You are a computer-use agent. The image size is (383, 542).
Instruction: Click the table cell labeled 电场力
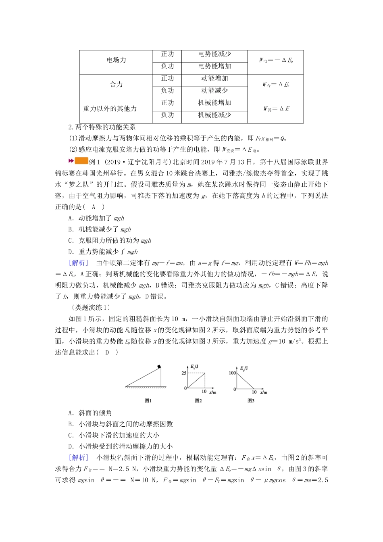(116, 60)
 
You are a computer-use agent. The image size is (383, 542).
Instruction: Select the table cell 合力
(116, 85)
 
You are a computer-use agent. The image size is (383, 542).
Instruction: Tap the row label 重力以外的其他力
(110, 109)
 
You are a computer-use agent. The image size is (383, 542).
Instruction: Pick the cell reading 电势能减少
(214, 54)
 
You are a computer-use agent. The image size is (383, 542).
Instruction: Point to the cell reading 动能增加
(214, 79)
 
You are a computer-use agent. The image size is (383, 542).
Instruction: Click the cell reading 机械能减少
(214, 115)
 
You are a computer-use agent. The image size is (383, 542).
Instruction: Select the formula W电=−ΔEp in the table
(276, 60)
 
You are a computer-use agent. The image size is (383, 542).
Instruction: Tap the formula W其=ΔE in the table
(276, 109)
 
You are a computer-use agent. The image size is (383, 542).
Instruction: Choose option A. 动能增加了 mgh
(96, 218)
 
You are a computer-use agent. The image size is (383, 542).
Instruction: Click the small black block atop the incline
(160, 367)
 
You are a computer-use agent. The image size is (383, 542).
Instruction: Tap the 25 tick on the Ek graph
(183, 373)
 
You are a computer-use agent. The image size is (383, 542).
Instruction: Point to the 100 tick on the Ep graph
(232, 373)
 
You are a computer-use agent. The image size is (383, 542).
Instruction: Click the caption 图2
(198, 400)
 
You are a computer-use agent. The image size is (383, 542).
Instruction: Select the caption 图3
(251, 400)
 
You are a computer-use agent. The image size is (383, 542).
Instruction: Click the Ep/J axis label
(244, 368)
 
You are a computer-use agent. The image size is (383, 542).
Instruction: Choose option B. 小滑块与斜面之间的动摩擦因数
(121, 424)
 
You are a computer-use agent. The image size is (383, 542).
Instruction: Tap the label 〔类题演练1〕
(87, 308)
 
